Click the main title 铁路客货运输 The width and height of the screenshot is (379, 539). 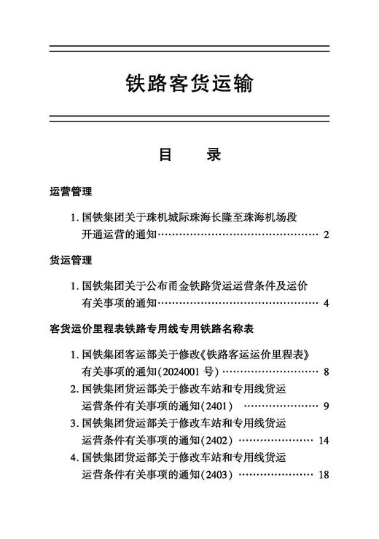pyautogui.click(x=189, y=82)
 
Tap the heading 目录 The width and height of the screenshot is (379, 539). pyautogui.click(x=189, y=155)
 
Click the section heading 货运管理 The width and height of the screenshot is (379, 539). pyautogui.click(x=71, y=260)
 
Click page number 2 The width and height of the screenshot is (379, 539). pyautogui.click(x=326, y=235)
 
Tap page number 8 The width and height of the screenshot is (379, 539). pyautogui.click(x=326, y=371)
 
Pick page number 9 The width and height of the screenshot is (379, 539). pyautogui.click(x=326, y=406)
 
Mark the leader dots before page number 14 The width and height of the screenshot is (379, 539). pyautogui.click(x=276, y=440)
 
